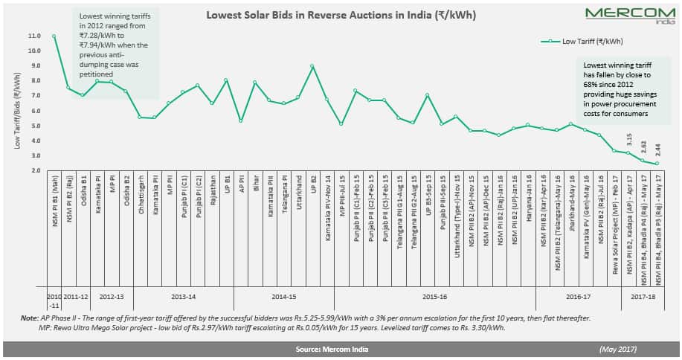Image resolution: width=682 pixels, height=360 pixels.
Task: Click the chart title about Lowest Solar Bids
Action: tap(341, 15)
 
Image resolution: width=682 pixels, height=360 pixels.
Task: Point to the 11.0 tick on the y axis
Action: tap(33, 36)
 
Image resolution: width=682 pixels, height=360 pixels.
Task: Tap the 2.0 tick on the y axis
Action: tap(35, 170)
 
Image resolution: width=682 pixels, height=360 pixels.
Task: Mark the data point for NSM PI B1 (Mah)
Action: tap(54, 36)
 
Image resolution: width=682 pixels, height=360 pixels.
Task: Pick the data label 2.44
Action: tap(657, 150)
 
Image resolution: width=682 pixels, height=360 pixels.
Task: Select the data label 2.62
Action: tap(643, 147)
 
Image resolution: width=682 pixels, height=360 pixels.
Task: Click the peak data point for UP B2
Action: tap(312, 66)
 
